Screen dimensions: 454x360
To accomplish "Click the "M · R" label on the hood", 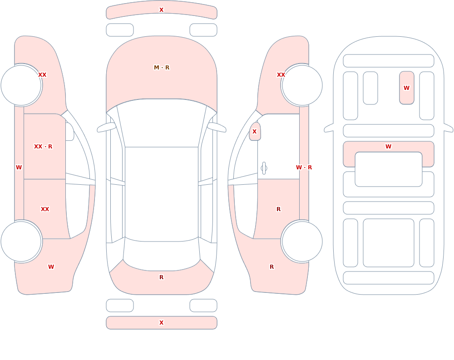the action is coord(162,68).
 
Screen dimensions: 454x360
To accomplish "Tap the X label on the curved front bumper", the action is coord(162,10).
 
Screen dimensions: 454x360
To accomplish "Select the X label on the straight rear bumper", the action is coord(162,323).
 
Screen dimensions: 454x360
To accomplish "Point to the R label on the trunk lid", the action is coord(162,277).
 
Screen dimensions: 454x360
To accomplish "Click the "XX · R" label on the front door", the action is coord(43,147).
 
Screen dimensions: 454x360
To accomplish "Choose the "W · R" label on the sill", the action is coord(304,168).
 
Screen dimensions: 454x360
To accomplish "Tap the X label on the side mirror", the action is coord(255,132).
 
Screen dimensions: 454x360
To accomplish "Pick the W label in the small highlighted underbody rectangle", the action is coord(406,88).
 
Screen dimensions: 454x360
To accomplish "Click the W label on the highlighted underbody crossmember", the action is coord(389,147).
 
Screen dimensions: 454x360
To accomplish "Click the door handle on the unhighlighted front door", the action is coord(264,168).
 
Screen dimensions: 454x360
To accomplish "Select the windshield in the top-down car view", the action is coord(162,123).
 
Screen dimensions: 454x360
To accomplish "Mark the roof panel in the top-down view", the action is coord(162,194).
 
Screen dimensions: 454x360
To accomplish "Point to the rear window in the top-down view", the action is coord(162,255).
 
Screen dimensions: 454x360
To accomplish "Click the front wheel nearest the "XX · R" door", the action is coord(21,85).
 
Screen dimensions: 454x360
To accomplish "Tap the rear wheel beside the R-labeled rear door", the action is coord(302,242).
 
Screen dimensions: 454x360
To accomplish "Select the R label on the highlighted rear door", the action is coord(279,209).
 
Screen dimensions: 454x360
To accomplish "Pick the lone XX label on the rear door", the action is coord(45,209).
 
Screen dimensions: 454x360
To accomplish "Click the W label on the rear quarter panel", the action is coord(51,267).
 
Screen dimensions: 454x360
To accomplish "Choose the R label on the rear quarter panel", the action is coord(271,267).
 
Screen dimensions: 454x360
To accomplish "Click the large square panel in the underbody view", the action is coord(389,243).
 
